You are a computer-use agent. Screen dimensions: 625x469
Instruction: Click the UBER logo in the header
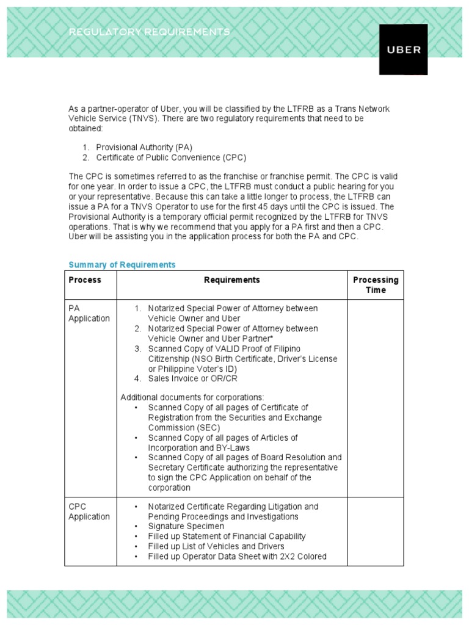(x=404, y=49)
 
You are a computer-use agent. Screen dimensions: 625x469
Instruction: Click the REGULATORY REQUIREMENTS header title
(x=150, y=32)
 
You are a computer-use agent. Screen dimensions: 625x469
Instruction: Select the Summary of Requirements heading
(x=122, y=264)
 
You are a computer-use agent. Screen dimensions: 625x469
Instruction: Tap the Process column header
(x=85, y=280)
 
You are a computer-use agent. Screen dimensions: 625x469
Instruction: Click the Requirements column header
(x=231, y=280)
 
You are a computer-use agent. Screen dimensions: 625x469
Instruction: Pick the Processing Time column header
(x=375, y=285)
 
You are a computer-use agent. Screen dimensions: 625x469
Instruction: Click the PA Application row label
(x=89, y=314)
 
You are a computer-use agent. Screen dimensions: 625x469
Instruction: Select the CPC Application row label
(x=89, y=511)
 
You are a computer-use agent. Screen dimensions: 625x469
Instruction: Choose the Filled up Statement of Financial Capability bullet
(x=227, y=536)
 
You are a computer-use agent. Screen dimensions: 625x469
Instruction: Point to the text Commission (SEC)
(x=184, y=428)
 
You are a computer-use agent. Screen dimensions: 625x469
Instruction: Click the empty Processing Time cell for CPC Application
(x=375, y=531)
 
